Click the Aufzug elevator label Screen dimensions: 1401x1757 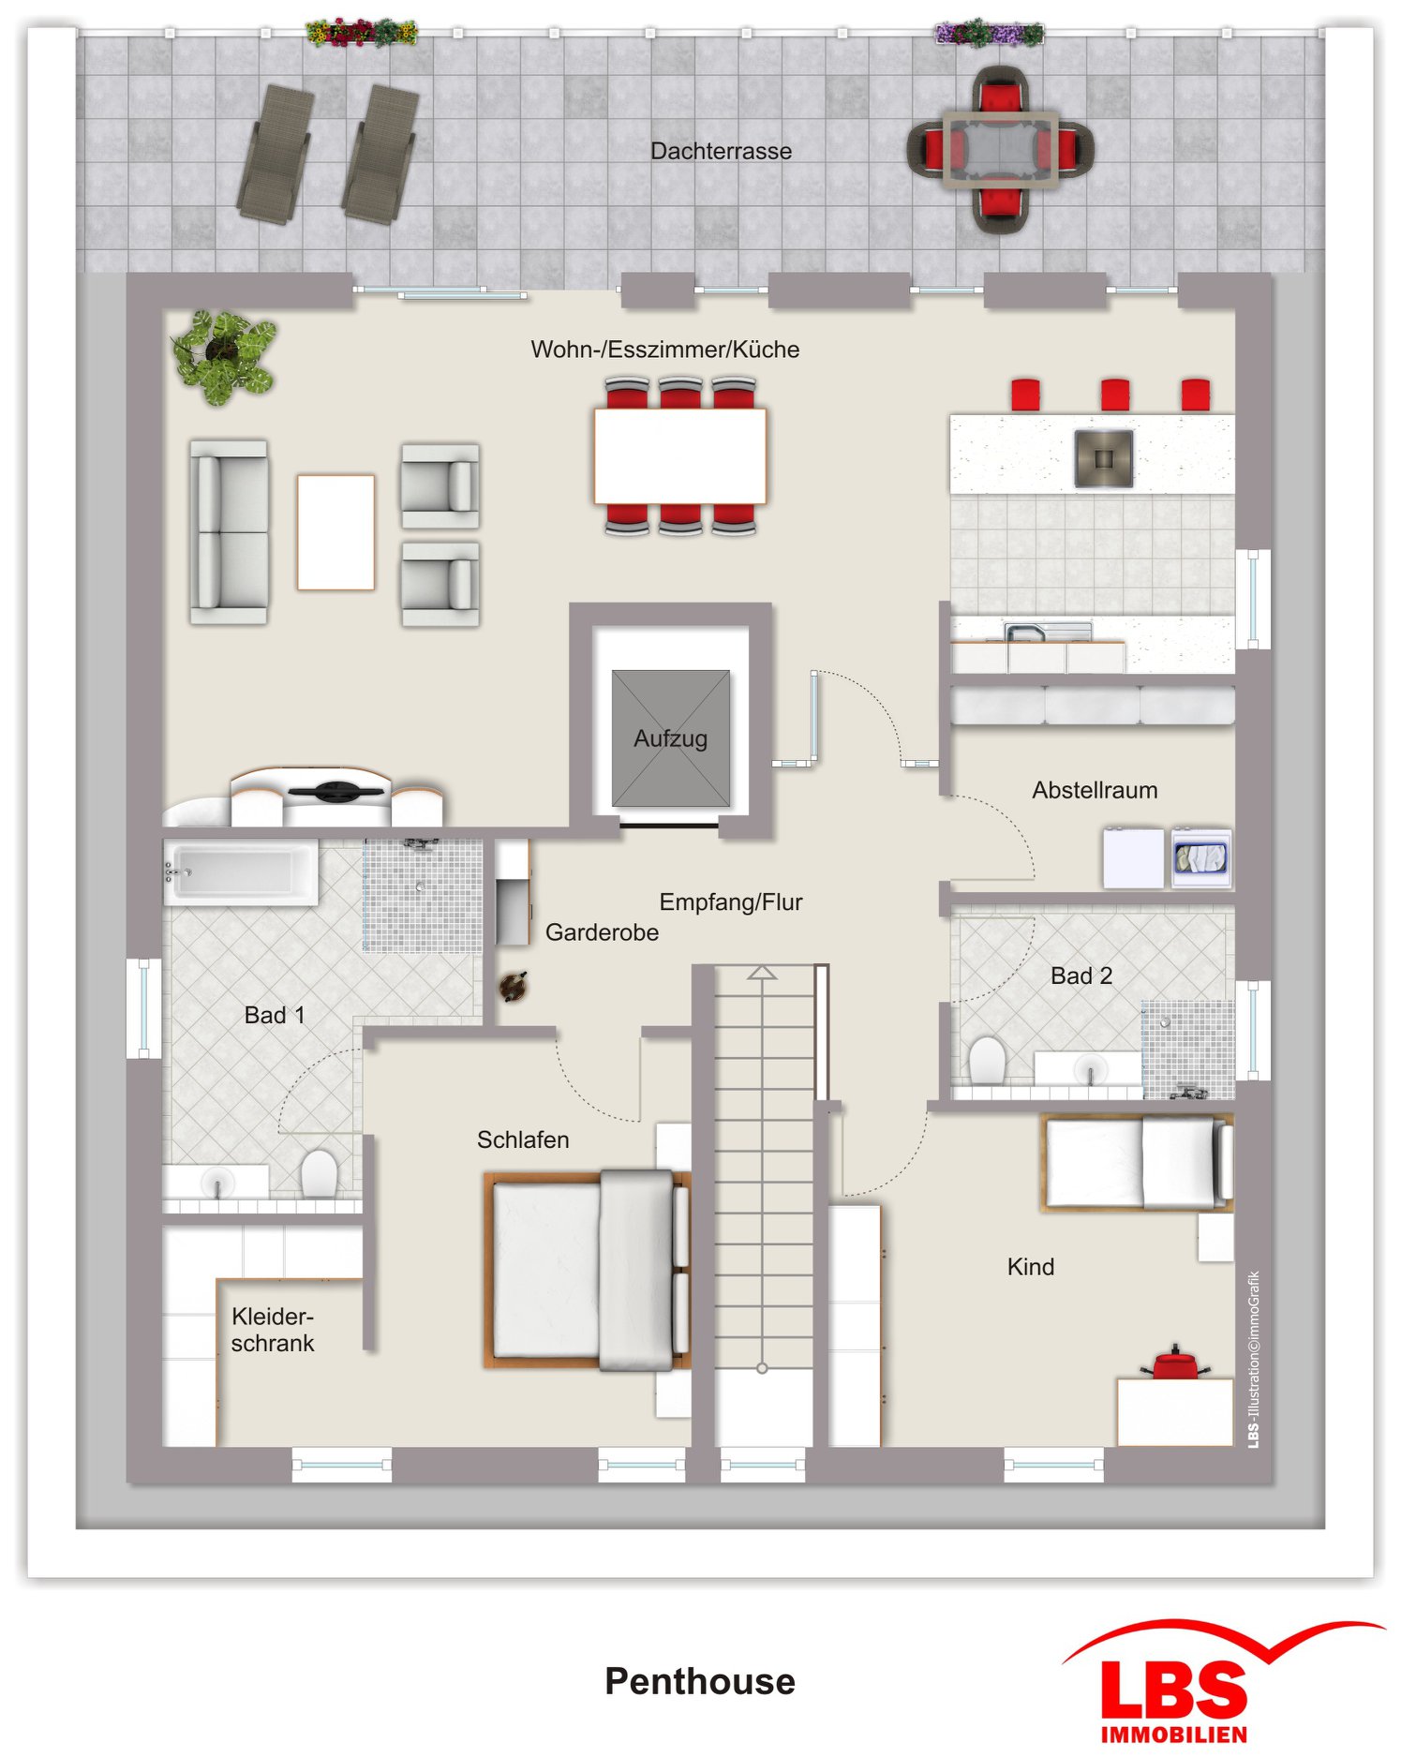[670, 738]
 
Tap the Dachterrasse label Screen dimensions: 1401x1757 [721, 151]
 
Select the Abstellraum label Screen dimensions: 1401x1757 [1095, 790]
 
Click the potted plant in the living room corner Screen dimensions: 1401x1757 [223, 356]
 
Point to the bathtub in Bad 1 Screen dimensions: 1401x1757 [241, 872]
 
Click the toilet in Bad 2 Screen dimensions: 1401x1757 [986, 1060]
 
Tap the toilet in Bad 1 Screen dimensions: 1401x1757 [319, 1173]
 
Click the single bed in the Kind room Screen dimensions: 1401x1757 [1137, 1162]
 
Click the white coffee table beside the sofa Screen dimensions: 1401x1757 [335, 531]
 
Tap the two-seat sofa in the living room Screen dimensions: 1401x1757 [229, 531]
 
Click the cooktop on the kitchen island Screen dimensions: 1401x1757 [1103, 458]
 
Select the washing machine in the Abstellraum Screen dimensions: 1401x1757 [1200, 857]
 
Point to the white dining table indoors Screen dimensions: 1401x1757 [679, 456]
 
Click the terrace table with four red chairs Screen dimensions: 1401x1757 [1000, 149]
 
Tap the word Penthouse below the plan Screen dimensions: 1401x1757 [700, 1681]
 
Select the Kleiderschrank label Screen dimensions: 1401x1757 [273, 1330]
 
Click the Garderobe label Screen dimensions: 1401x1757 [602, 932]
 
